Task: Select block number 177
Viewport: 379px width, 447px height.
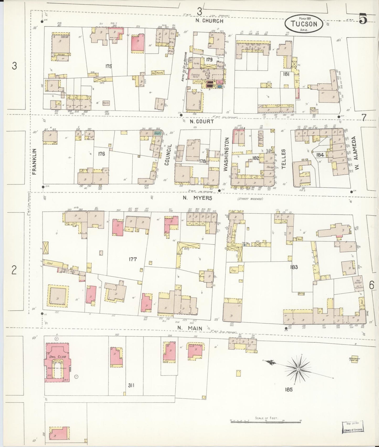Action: (133, 259)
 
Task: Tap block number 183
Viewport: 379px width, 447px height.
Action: (294, 267)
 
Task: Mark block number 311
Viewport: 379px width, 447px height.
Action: (131, 385)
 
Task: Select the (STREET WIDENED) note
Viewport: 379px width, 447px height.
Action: (250, 199)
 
